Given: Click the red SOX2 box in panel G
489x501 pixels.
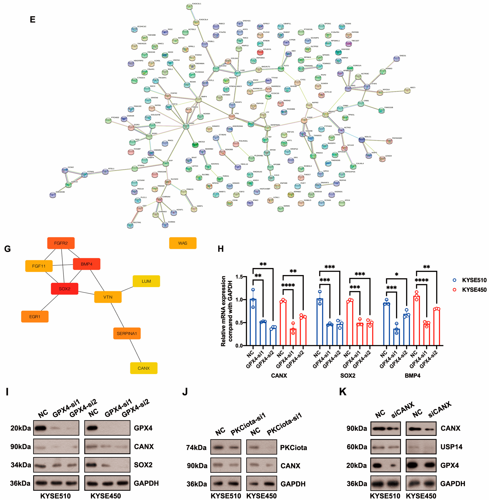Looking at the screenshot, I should pos(64,289).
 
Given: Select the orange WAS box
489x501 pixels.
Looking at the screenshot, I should pos(183,243).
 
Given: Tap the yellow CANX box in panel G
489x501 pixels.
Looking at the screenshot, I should pos(144,368).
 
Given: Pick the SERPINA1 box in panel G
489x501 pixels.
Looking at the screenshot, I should pos(127,333).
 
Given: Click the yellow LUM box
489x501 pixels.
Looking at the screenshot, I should pos(146,281).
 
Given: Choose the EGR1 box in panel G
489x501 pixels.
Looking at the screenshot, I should pos(35,317).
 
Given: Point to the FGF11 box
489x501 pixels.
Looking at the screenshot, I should pos(39,266).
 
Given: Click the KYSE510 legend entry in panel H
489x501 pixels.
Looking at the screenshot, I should pos(474,280).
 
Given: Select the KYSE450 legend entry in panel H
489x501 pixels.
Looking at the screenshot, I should pos(474,290).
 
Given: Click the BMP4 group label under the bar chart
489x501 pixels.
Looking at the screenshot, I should pos(412,375).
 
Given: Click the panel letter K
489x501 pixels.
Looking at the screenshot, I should pos(343,392).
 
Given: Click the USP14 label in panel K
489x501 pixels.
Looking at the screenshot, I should pos(451,447).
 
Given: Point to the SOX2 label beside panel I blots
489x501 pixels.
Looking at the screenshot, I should pos(143,465).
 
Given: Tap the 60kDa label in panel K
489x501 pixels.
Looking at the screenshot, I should pos(357,447).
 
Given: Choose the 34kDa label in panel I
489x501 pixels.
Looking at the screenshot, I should pos(21,465).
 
